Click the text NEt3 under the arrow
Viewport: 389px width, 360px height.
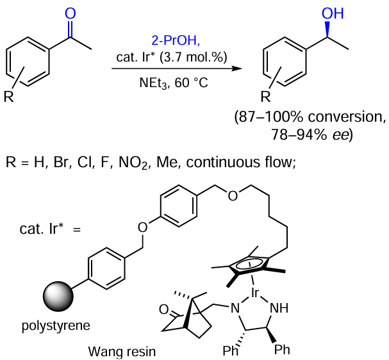click(x=153, y=82)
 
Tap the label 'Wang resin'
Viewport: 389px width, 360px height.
click(x=124, y=351)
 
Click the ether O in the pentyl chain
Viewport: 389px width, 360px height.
click(x=232, y=195)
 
